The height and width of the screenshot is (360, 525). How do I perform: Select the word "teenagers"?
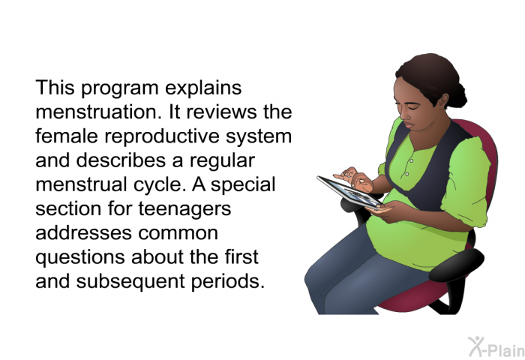(184, 209)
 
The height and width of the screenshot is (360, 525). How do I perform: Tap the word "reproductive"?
(162, 136)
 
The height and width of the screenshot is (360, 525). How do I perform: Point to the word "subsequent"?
(130, 281)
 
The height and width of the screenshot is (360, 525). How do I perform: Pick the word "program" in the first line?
(119, 88)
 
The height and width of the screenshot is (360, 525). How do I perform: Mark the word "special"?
(243, 184)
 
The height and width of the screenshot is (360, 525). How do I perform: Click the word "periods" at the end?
(228, 281)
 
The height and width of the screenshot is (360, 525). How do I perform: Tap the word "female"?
(67, 136)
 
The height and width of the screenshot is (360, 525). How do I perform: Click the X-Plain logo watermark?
(496, 346)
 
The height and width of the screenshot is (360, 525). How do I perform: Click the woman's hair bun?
(457, 94)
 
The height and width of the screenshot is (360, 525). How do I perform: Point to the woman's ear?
(442, 101)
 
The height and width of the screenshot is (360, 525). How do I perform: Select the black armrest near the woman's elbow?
(456, 265)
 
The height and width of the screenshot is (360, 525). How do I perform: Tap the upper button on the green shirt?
(411, 161)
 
